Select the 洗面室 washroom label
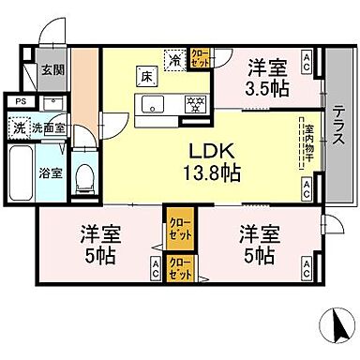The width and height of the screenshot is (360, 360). (x=47, y=128)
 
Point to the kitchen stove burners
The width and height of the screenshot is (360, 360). (x=197, y=102)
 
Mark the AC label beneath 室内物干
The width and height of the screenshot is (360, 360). (x=306, y=187)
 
